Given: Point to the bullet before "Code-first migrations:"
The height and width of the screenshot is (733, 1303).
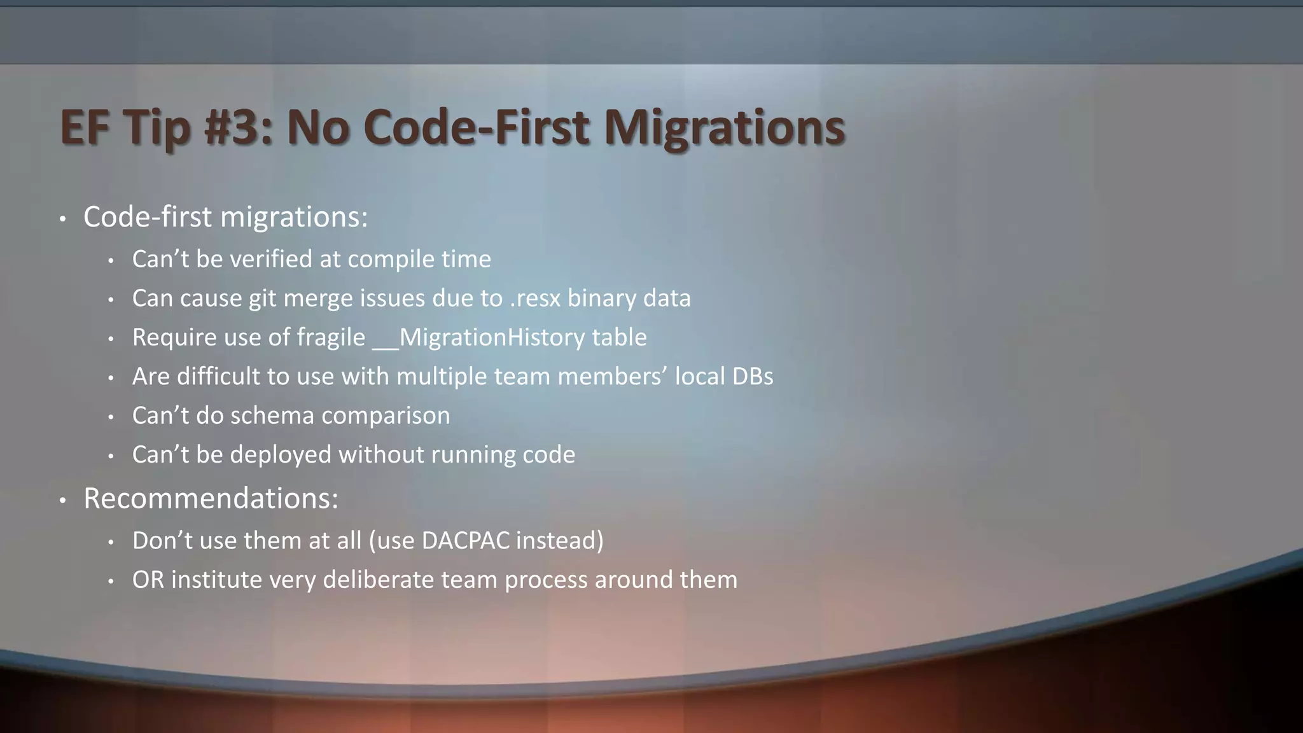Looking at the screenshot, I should (x=62, y=220).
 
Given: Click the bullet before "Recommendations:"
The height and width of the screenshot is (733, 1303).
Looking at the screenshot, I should (x=62, y=501).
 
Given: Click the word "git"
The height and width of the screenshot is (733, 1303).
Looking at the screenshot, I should (x=262, y=298).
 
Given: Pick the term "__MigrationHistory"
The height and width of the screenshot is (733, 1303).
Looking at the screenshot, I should (x=478, y=337).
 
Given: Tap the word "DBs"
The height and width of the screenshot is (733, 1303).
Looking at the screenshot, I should (x=753, y=377).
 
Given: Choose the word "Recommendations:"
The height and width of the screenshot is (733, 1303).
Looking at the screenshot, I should (x=211, y=498).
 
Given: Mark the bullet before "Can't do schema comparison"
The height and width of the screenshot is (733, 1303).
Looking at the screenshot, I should (x=111, y=417).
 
